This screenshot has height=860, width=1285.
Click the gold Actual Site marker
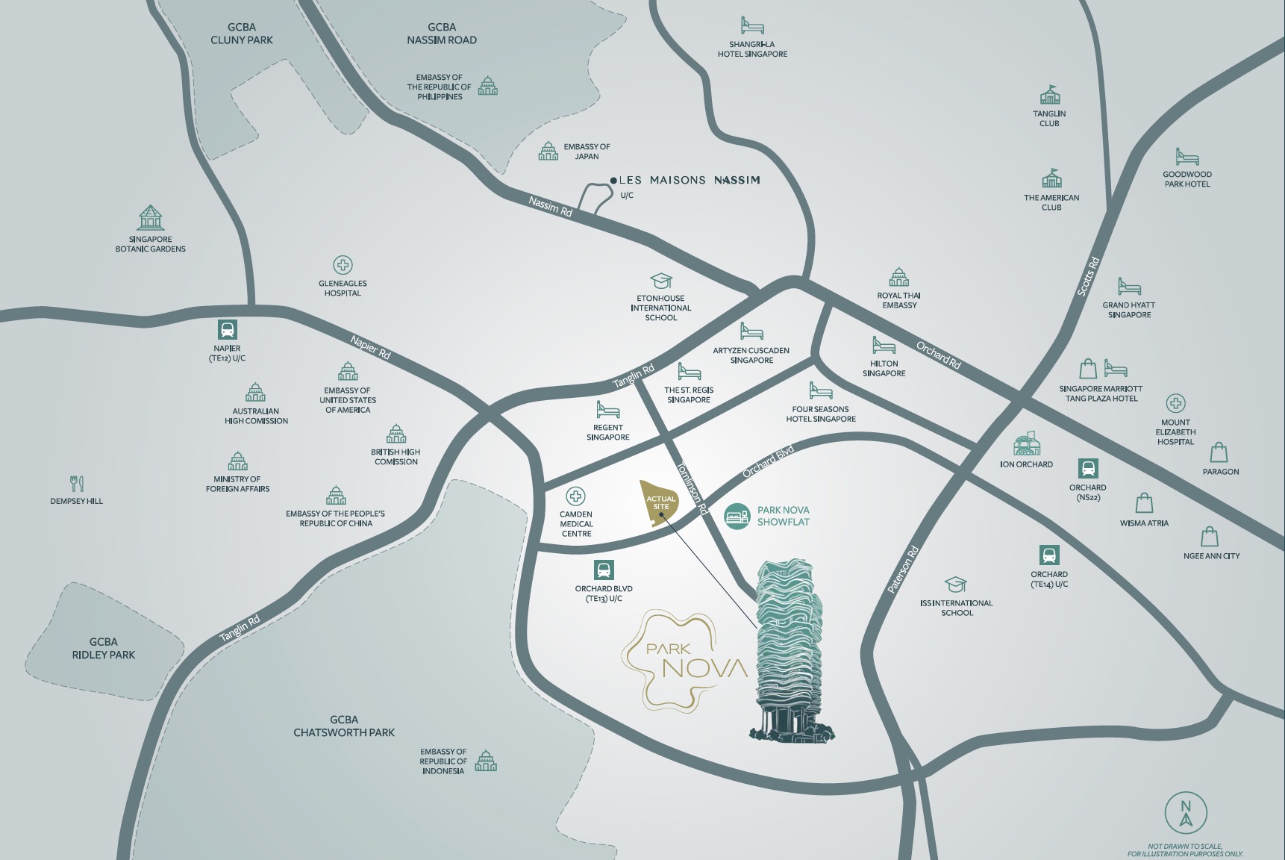click(660, 502)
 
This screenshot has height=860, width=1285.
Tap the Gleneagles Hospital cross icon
click(343, 265)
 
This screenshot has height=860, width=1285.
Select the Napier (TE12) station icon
click(227, 329)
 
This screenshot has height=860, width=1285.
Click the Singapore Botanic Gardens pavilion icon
click(150, 218)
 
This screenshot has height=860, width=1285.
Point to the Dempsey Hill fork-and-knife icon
click(77, 483)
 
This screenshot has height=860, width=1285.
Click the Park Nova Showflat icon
click(737, 516)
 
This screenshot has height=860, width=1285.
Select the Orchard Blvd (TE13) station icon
click(604, 570)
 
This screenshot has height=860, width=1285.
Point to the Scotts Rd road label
click(1088, 276)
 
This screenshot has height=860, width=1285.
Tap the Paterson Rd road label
click(903, 570)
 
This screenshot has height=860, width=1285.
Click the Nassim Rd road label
click(550, 206)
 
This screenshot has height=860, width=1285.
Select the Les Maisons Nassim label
click(690, 180)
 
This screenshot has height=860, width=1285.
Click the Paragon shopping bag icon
click(1219, 452)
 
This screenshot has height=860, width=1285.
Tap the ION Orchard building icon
click(1026, 443)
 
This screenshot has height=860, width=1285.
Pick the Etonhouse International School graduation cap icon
click(661, 281)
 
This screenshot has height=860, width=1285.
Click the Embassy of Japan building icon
click(548, 151)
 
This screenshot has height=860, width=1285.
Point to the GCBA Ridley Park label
click(104, 648)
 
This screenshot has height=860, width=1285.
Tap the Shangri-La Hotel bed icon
click(752, 26)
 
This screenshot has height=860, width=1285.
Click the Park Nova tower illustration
click(790, 649)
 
